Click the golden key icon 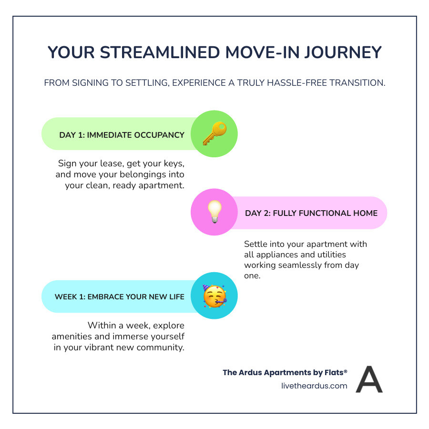coord(214,134)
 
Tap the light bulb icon coord(214,213)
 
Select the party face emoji coord(214,296)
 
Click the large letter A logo coord(369,379)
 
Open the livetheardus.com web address coord(315,386)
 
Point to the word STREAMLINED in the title coord(159,52)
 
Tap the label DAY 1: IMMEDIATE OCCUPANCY coord(122,135)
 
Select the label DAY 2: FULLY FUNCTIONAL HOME coord(311,213)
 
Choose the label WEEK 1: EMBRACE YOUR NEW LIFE coord(120,296)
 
